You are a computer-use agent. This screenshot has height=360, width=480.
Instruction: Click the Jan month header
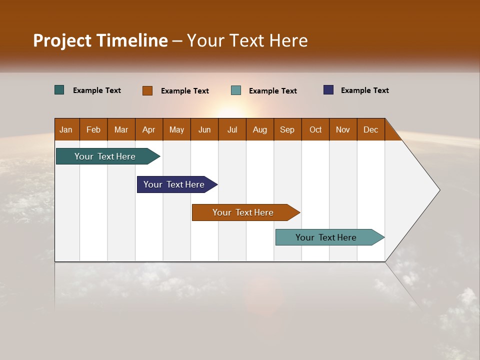click(x=66, y=129)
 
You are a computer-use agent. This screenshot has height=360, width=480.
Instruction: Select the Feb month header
click(x=93, y=129)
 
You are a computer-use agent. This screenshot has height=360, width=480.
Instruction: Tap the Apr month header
click(x=149, y=129)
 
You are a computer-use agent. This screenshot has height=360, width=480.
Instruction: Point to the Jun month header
click(x=204, y=129)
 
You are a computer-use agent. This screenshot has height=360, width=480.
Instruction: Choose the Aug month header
click(x=260, y=129)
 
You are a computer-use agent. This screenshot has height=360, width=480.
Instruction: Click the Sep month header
click(x=287, y=129)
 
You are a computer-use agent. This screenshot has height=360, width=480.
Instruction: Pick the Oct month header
click(x=315, y=129)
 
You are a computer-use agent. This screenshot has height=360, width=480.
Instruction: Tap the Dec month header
click(x=371, y=129)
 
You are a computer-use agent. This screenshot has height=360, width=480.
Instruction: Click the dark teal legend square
click(x=59, y=90)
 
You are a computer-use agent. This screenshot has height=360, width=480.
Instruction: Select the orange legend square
click(x=147, y=90)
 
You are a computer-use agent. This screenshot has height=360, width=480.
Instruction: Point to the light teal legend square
click(x=236, y=90)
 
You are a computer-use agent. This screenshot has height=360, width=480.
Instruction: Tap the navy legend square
click(x=328, y=90)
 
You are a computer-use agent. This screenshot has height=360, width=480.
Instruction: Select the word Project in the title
click(x=62, y=40)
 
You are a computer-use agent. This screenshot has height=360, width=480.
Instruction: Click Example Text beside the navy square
click(x=364, y=90)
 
